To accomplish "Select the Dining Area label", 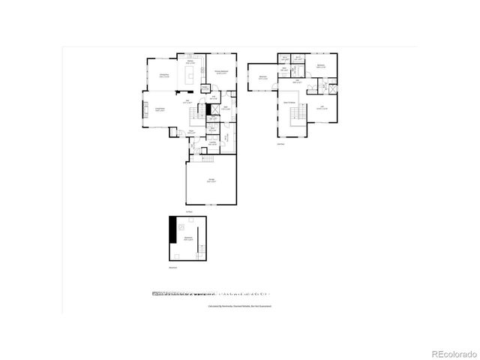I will [162, 75].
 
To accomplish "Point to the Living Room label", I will [160, 110].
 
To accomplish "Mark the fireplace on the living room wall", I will [146, 112].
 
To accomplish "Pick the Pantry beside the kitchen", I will [205, 88].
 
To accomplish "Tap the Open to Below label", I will [289, 102].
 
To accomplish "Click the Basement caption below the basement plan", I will [172, 266].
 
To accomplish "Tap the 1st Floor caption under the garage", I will [190, 211].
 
